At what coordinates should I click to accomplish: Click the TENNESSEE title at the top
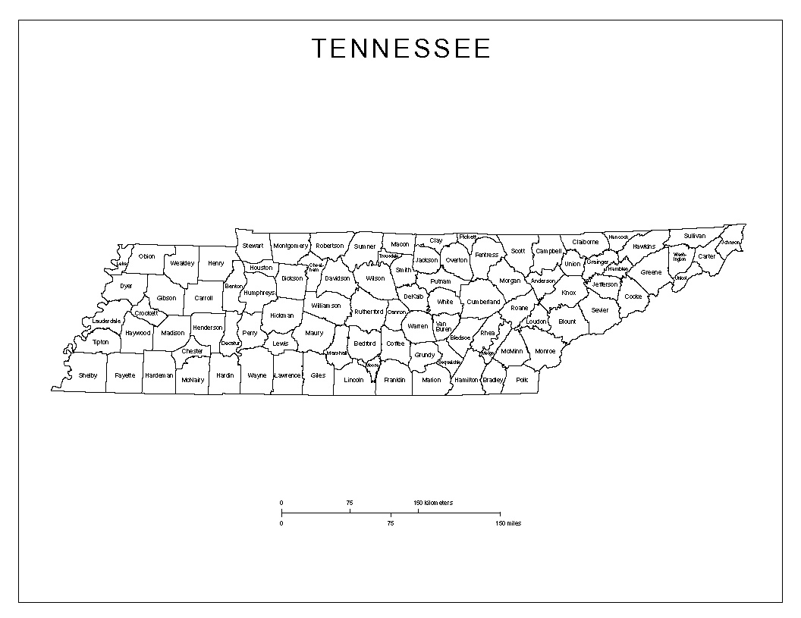tap(401, 49)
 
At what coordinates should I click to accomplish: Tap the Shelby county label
tap(88, 375)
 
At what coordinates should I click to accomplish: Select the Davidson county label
tap(337, 278)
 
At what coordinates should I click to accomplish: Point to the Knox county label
tap(569, 293)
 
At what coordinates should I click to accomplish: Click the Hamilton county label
tap(466, 379)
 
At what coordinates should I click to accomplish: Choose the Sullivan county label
tap(694, 236)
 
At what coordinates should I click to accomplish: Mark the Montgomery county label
tap(291, 246)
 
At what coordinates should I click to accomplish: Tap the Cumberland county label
tap(484, 302)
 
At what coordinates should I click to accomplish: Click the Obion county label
tap(146, 256)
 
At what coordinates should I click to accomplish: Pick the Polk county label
tap(522, 379)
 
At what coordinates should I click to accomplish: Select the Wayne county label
tap(257, 375)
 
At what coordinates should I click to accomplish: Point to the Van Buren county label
tap(442, 327)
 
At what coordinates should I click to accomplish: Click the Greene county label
tap(651, 272)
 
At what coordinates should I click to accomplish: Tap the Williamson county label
tap(326, 306)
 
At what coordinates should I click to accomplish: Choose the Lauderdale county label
tap(107, 322)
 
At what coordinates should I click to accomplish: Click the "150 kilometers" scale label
tap(433, 503)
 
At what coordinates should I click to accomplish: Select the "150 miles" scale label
tap(509, 523)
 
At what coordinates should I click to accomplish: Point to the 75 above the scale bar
tap(350, 503)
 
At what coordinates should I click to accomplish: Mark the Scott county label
tap(518, 251)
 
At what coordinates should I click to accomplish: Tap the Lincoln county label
tap(354, 379)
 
